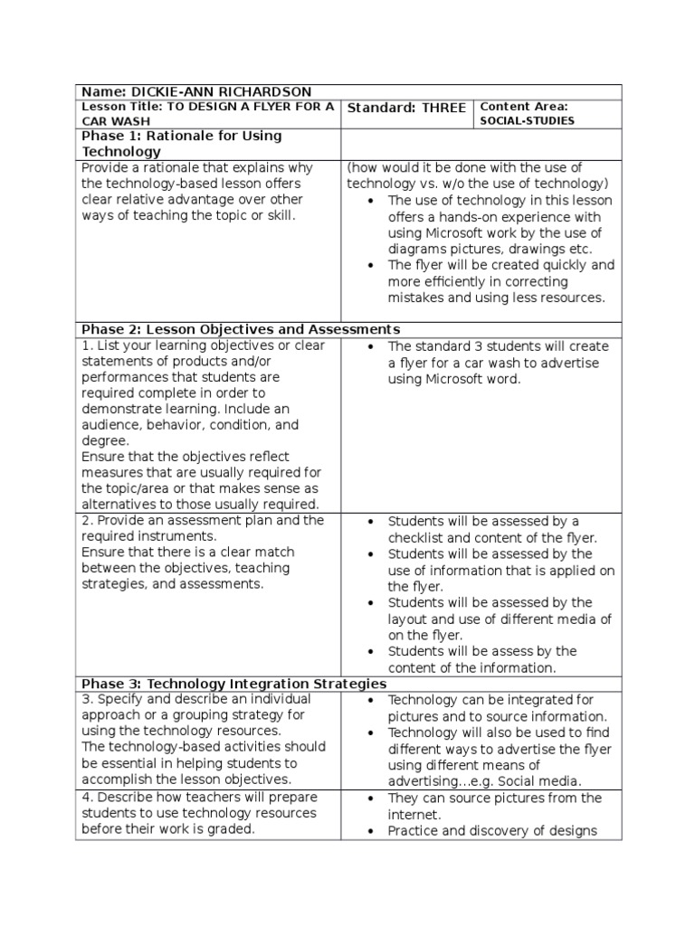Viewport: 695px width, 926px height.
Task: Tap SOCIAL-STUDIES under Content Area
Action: point(527,120)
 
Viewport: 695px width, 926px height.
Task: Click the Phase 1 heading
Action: point(181,144)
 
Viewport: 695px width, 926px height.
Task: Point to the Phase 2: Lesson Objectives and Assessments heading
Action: point(241,329)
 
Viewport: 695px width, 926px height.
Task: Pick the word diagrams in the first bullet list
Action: point(417,250)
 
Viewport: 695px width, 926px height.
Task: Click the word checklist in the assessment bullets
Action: point(418,538)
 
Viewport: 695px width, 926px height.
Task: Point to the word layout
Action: point(408,619)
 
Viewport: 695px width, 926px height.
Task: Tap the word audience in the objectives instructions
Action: point(111,425)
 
